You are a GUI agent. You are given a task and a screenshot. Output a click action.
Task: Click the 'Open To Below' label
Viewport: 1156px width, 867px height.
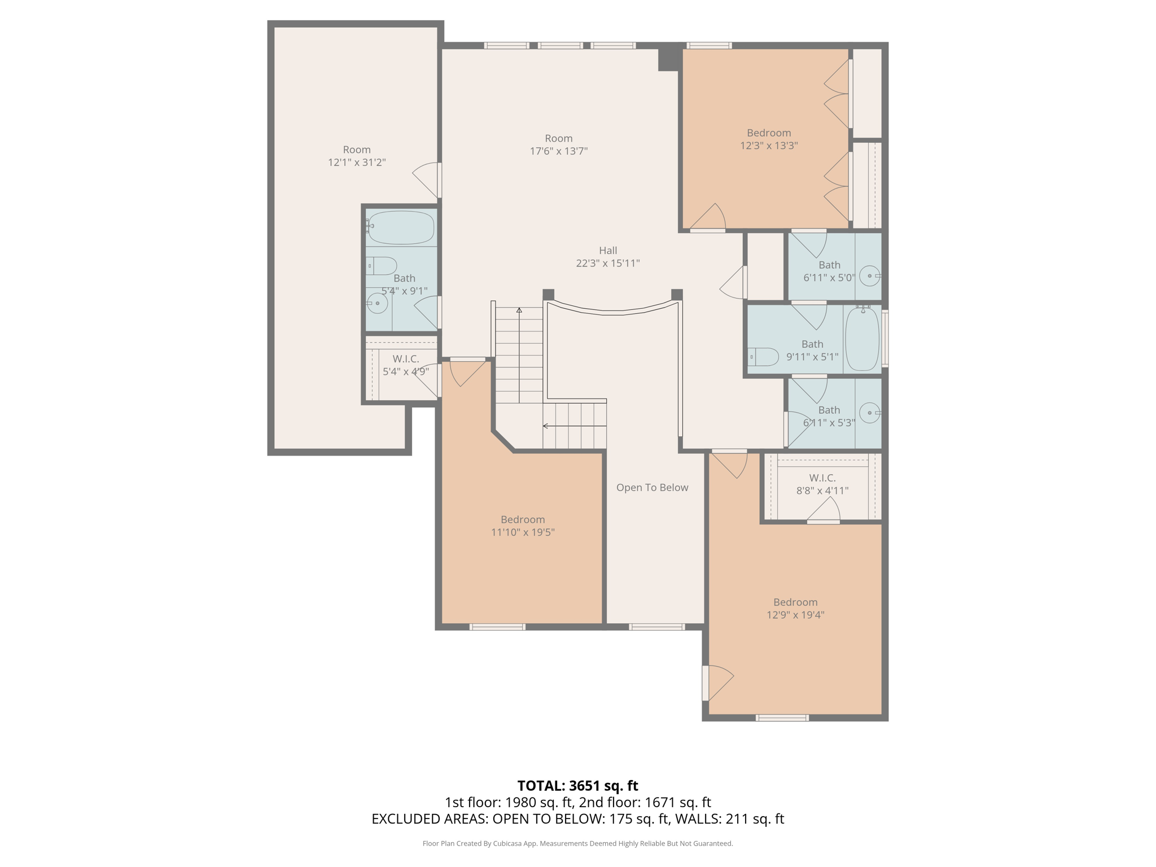(652, 487)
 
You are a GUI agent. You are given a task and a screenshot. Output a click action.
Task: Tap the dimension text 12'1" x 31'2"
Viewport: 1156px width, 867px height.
(357, 163)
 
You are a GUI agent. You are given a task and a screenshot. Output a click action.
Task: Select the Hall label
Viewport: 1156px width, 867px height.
(607, 250)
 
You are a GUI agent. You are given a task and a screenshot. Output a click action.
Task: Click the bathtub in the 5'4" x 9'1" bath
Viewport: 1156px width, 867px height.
(401, 227)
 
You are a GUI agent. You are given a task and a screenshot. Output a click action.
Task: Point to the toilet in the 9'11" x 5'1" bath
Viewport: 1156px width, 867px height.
(764, 357)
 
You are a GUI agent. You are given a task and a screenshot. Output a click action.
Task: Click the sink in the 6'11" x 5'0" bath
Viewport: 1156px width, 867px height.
(870, 276)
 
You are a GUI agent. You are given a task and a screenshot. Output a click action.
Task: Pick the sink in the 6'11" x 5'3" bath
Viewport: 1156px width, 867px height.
(870, 413)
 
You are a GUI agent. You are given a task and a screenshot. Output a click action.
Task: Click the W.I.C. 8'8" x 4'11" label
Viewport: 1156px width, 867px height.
(822, 484)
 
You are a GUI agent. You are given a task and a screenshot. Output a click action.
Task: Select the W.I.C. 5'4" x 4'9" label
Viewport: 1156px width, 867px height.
(405, 365)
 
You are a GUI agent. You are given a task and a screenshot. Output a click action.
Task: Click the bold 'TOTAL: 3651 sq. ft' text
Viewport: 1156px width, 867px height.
(577, 786)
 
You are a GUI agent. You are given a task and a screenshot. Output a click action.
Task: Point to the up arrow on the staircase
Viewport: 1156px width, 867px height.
(519, 310)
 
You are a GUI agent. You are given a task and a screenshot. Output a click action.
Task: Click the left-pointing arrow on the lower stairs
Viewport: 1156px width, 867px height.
(546, 426)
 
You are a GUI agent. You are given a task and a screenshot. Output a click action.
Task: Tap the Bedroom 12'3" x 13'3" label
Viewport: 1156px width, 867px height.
(768, 139)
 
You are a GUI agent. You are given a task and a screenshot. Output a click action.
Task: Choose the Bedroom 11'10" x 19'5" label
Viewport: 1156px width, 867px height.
(523, 526)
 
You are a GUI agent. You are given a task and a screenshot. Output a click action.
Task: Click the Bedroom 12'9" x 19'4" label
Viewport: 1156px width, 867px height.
(795, 608)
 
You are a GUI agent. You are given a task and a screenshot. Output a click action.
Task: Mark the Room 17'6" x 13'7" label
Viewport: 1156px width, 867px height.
(558, 144)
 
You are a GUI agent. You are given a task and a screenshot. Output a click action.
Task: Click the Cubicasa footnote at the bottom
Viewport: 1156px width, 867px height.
(577, 843)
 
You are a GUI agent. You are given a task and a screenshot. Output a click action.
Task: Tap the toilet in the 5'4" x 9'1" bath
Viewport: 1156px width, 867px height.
(382, 265)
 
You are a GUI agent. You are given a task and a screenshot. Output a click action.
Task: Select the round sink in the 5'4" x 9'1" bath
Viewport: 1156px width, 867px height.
(377, 303)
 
